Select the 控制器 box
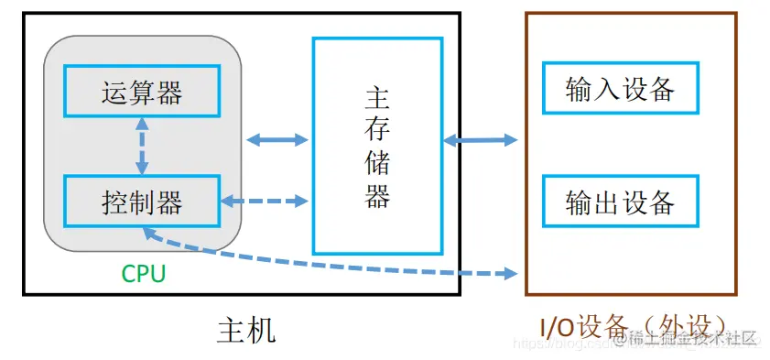[141, 201]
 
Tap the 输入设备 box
[620, 88]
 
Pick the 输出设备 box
[620, 201]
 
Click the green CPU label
[144, 273]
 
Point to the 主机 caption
[245, 329]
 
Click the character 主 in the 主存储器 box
[378, 99]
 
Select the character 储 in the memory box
[378, 164]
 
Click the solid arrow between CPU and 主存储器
[278, 140]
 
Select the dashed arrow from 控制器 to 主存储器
[266, 201]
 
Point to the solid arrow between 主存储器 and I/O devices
[480, 140]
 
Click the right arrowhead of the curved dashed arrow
[511, 273]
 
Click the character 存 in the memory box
[378, 132]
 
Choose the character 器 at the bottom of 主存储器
[378, 197]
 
